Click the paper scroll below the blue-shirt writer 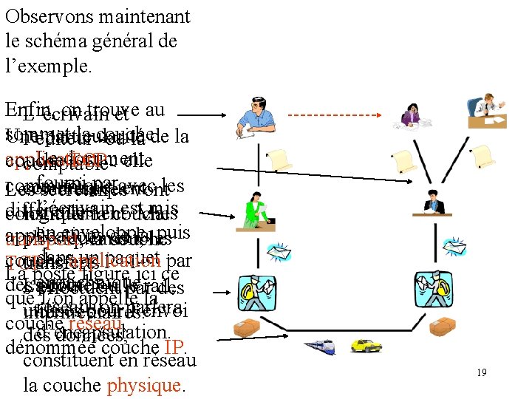click(x=280, y=157)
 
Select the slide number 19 click(x=481, y=372)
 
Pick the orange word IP click(x=174, y=347)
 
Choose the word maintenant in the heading click(x=146, y=16)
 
